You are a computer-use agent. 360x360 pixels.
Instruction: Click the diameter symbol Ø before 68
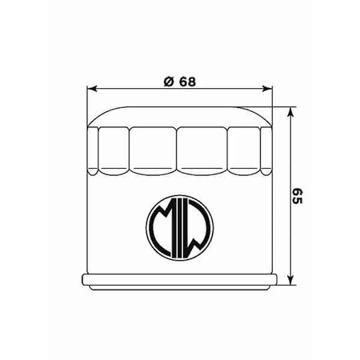click(169, 82)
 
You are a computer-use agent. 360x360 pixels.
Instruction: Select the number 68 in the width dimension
click(187, 82)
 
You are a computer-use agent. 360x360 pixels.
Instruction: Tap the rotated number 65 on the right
click(297, 196)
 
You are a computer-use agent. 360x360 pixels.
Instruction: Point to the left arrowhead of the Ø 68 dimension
click(92, 89)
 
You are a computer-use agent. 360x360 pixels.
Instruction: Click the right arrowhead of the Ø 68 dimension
click(267, 89)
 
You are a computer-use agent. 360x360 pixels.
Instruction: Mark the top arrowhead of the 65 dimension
click(290, 112)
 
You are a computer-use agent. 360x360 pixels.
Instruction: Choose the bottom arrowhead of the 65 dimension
click(290, 280)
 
